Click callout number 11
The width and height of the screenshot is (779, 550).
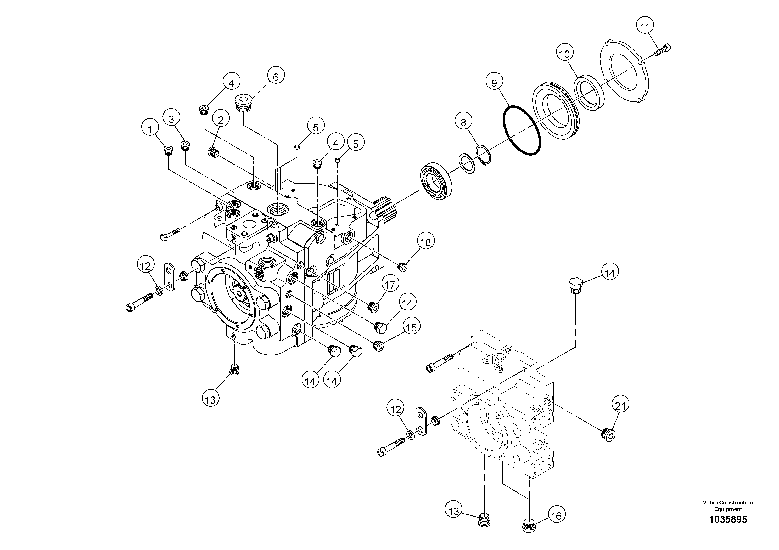[645, 26]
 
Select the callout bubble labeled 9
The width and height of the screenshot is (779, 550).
[494, 83]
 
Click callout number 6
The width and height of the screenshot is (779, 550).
[276, 77]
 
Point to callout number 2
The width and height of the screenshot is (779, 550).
[221, 120]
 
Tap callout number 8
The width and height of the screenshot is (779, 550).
[463, 122]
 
